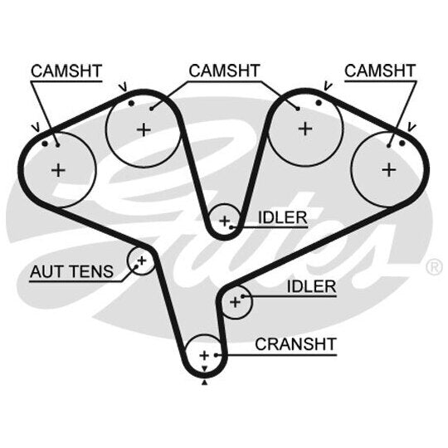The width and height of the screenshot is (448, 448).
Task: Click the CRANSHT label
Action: coord(295,344)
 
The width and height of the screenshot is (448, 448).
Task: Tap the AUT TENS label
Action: coord(71,271)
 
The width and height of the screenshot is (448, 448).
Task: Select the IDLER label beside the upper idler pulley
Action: coord(283,217)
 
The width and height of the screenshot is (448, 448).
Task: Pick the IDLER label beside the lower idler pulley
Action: coord(311,286)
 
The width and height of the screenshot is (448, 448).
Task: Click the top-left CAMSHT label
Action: coord(66,71)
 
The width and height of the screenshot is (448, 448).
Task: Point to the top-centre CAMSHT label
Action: coord(224,71)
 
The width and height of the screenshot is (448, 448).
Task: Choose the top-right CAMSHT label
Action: coord(380,71)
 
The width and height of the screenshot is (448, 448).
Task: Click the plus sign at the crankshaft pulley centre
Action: coord(204,356)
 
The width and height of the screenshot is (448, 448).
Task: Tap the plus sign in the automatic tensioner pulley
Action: coord(142,261)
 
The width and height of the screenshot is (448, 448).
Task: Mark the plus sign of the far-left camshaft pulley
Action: coord(59,171)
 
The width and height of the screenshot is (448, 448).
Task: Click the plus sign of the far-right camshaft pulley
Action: coord(388,170)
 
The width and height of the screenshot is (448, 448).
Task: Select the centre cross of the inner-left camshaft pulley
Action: coord(144,130)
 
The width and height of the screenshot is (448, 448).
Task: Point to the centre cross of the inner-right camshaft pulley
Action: coord(305,129)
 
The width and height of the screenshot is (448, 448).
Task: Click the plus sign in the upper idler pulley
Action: coord(225,221)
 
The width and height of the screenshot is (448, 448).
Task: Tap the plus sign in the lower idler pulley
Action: coord(236,302)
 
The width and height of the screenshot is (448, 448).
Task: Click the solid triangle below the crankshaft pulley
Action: coord(204,382)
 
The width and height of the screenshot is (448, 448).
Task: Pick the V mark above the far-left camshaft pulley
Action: coord(37,128)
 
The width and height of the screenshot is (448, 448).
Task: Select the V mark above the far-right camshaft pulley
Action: coord(411,127)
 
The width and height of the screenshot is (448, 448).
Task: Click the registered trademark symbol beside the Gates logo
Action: coord(434,266)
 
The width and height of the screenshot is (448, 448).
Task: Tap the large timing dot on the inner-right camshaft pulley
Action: coord(319,103)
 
